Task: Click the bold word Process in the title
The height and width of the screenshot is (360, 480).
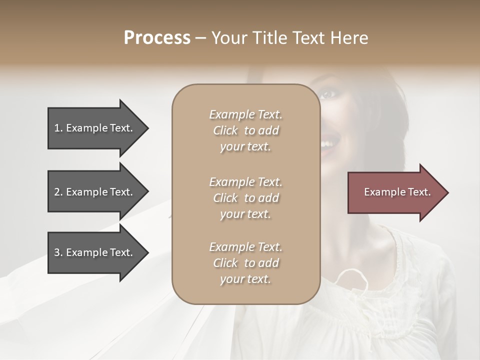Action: pos(157,38)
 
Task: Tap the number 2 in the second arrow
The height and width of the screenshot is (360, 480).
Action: pos(57,192)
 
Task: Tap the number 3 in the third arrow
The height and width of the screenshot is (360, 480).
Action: pos(57,252)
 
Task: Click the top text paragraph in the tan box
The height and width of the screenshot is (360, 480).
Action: pos(245,130)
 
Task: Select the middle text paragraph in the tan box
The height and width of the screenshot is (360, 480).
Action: pos(245,198)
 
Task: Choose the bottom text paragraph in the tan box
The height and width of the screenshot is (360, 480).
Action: pos(245,263)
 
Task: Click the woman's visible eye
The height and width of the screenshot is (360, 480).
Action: pos(327,94)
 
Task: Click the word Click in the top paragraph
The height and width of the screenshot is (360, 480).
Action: pos(225,130)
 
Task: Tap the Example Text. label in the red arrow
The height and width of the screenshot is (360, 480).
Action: pos(397,192)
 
